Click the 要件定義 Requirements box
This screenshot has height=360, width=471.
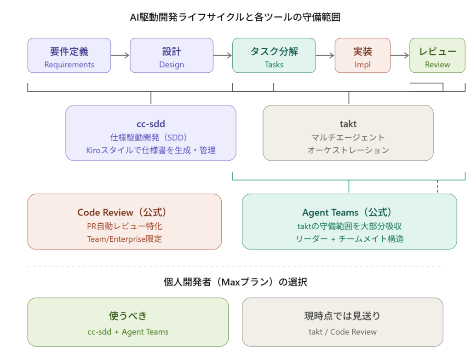69,56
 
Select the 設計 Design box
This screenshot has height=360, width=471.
172,56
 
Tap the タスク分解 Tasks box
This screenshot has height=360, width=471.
274,56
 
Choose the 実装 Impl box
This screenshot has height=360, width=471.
362,56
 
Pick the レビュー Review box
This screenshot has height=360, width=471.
437,56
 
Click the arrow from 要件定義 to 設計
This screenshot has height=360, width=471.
121,56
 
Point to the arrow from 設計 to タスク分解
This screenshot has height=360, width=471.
223,56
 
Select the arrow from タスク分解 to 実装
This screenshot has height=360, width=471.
325,56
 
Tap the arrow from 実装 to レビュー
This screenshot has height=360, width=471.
400,56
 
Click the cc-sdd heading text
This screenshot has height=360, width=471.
151,124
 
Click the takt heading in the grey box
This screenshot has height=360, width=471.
348,124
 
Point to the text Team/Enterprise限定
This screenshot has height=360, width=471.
124,239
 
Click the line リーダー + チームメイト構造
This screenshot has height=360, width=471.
350,238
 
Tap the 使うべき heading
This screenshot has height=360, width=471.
128,316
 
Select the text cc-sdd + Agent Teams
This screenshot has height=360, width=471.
128,331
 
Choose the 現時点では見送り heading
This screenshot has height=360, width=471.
342,316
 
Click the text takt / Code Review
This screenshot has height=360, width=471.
342,331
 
